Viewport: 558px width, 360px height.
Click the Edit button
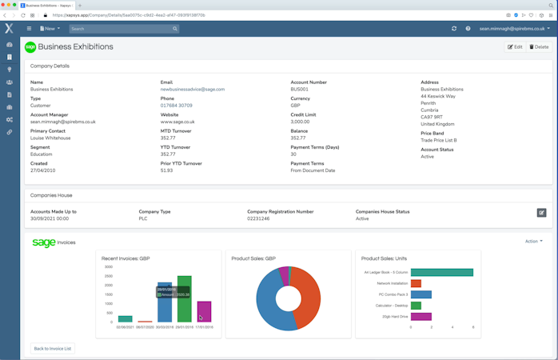coord(515,47)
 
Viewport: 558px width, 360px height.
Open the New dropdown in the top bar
coord(50,29)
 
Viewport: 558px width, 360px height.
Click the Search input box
coord(124,29)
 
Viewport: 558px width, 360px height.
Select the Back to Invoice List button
coord(53,349)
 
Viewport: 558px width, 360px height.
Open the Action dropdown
coord(533,241)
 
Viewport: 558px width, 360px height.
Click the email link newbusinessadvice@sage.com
coord(193,90)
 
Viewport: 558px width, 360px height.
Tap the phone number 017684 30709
coord(177,106)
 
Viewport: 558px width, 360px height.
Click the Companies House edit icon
coord(541,213)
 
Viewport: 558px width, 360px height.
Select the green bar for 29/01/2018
coord(185,299)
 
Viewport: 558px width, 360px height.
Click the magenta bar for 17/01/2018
coord(204,311)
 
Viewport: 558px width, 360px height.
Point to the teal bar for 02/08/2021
coord(126,318)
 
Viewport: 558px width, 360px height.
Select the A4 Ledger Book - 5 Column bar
coord(441,273)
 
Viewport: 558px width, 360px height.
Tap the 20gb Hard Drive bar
coord(421,317)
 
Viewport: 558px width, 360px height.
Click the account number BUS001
coord(299,90)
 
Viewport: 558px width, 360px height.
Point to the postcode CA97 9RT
coord(432,117)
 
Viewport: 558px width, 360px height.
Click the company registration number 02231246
coord(258,218)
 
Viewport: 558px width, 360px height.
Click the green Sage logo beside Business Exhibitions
coord(30,47)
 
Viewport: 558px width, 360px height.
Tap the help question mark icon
coord(468,29)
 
